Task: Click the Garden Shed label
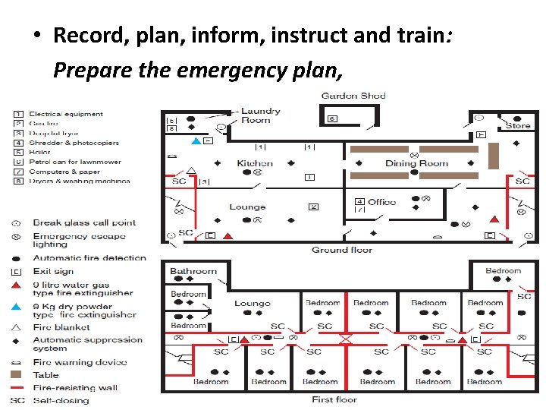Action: (353, 96)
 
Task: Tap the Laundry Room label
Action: (260, 115)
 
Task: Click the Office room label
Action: (381, 202)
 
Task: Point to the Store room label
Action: (518, 125)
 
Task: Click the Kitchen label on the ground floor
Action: (255, 163)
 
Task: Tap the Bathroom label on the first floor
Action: (193, 271)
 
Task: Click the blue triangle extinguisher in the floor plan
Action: (196, 141)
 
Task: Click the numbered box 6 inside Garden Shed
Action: (332, 119)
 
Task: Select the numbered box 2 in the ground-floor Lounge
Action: (313, 207)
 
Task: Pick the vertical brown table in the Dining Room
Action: (493, 156)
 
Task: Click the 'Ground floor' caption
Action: (341, 250)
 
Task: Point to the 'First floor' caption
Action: (334, 399)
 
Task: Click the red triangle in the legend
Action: (17, 285)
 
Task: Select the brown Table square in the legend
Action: (17, 375)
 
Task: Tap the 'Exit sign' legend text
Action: (53, 271)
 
